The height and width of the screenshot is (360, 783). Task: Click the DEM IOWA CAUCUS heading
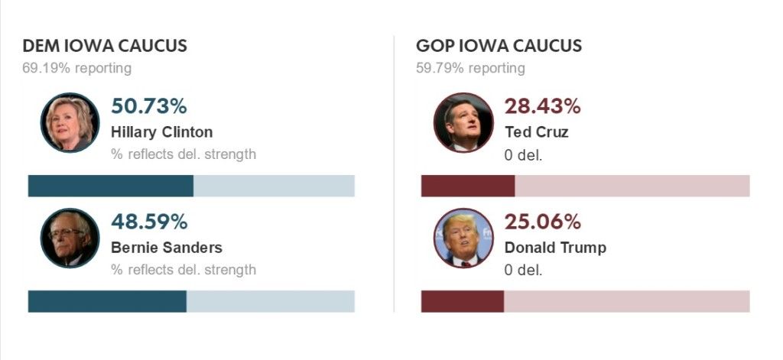(x=105, y=46)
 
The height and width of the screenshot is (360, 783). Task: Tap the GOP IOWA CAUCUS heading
(x=499, y=46)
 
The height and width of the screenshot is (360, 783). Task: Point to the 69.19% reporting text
(x=76, y=68)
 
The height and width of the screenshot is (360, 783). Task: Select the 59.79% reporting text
(x=470, y=68)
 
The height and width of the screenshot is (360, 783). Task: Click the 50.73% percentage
(x=149, y=106)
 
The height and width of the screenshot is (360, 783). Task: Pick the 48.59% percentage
(x=149, y=222)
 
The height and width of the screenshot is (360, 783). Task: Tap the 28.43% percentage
(x=542, y=106)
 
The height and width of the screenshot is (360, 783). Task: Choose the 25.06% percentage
(x=542, y=222)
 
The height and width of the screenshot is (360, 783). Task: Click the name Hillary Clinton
(x=161, y=131)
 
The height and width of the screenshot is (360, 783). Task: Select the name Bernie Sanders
(x=167, y=248)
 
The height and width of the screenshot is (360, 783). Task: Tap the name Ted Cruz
(x=537, y=131)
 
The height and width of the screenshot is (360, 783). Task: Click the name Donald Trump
(x=555, y=248)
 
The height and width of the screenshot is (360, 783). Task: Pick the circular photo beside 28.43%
(x=463, y=122)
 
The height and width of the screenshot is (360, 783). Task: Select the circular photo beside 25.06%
(x=463, y=238)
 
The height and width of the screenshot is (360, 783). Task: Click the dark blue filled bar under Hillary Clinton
(x=110, y=186)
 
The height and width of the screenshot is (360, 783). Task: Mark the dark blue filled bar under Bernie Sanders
(x=107, y=301)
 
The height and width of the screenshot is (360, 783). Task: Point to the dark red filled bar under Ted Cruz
(x=467, y=186)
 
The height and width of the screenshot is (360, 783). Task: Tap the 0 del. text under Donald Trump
(x=523, y=270)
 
